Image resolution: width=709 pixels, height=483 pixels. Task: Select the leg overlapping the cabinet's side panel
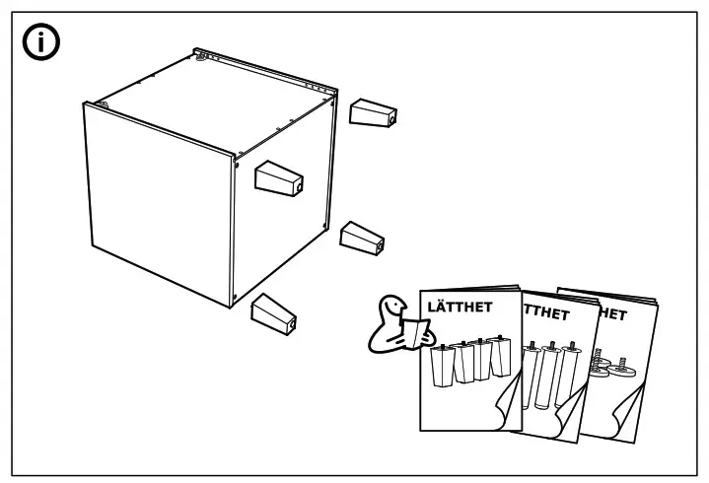(277, 178)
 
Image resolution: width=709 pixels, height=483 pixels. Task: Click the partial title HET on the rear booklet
(610, 315)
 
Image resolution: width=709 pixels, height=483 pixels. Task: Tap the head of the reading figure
(393, 305)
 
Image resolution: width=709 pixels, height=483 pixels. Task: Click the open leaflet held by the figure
(415, 331)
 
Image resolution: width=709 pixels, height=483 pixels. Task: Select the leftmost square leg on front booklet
(440, 367)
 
